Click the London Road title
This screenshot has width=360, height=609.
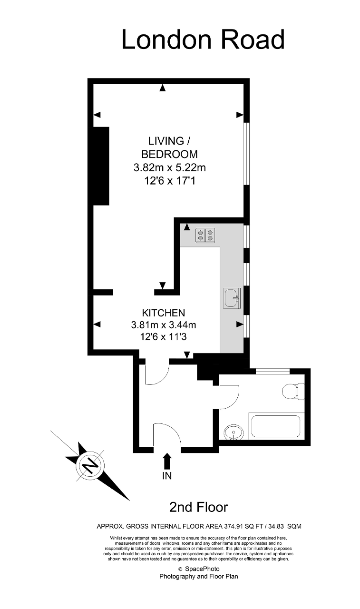coord(203,39)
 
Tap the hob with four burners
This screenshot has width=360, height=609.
coord(205,235)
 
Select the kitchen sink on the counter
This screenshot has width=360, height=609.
coord(232,298)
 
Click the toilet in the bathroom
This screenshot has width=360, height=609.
coord(293,392)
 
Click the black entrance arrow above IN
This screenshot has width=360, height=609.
coord(167,461)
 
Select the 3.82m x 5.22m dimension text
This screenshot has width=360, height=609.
coord(170,167)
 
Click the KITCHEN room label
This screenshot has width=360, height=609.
coord(164,313)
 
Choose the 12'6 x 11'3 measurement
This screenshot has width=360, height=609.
coord(163,337)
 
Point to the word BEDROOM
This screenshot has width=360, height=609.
coord(170,154)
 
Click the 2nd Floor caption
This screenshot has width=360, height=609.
coord(199,507)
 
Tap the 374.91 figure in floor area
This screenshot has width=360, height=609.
coord(234,526)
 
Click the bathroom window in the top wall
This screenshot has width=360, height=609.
coord(272,371)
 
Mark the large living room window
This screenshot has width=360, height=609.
coord(246,154)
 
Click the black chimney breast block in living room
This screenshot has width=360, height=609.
coord(101,166)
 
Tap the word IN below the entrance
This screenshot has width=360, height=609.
coord(167,476)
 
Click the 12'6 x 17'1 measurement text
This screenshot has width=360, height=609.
coord(170,181)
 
